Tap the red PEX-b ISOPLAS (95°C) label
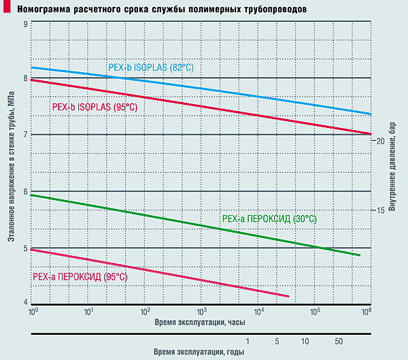(95, 107)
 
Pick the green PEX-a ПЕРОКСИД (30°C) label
(269, 218)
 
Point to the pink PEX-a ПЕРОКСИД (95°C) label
(80, 277)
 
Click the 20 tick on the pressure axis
(381, 140)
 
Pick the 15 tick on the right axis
(381, 210)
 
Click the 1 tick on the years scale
(248, 340)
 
